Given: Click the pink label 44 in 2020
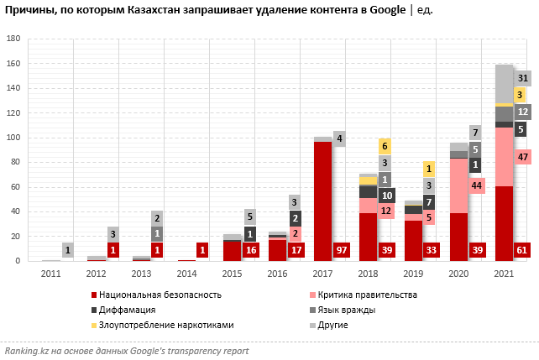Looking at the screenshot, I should (x=476, y=185).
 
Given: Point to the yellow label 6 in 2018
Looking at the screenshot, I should (x=385, y=146).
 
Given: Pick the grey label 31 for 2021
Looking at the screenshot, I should (x=521, y=78).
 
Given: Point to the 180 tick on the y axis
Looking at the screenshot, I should (x=13, y=39).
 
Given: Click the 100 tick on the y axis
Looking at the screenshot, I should (x=13, y=138).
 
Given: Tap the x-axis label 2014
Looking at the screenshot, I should (x=186, y=274).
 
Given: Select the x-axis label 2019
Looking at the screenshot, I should (x=413, y=274).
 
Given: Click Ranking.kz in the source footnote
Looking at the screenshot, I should (x=26, y=349).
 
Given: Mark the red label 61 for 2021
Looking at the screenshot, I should (x=521, y=250).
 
